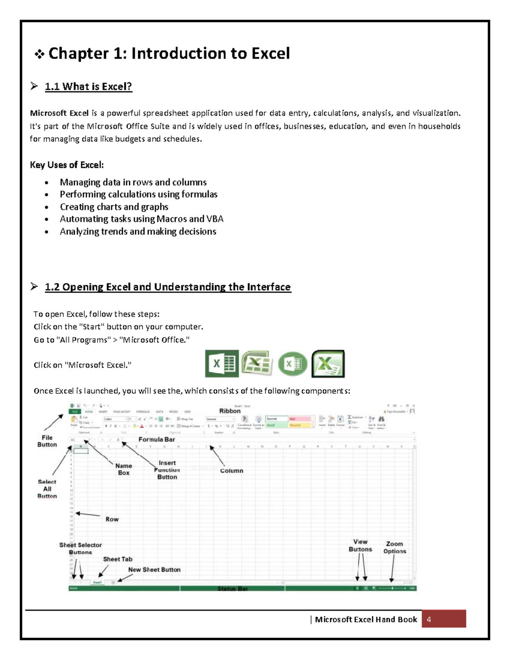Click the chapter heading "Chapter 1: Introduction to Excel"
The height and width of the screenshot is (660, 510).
click(x=169, y=54)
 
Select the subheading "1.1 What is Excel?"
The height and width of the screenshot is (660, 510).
click(x=88, y=87)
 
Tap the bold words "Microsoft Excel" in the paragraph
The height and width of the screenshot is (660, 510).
click(x=59, y=113)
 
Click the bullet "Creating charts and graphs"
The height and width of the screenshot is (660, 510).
click(x=114, y=207)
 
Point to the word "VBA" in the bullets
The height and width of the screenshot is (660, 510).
click(x=215, y=219)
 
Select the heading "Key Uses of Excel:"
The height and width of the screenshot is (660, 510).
click(x=67, y=165)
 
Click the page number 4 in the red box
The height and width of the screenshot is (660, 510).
click(x=429, y=620)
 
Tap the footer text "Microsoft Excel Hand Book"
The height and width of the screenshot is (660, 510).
click(x=366, y=620)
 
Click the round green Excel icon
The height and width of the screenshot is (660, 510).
click(x=292, y=364)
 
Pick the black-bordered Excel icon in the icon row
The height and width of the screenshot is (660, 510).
click(x=328, y=364)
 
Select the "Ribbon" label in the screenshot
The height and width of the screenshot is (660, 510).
click(x=230, y=411)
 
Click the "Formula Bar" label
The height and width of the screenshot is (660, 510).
click(x=157, y=439)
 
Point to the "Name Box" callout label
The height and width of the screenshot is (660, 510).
click(x=124, y=469)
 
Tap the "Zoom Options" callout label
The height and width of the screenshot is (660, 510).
click(x=395, y=547)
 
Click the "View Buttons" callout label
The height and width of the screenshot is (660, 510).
click(x=360, y=546)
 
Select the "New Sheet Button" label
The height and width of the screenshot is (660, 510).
click(x=154, y=569)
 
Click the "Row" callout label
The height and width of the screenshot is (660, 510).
click(x=112, y=519)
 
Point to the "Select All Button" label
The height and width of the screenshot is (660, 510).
click(x=47, y=489)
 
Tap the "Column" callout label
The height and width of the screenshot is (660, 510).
click(x=232, y=471)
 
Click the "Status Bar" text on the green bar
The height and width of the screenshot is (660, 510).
click(x=232, y=589)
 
